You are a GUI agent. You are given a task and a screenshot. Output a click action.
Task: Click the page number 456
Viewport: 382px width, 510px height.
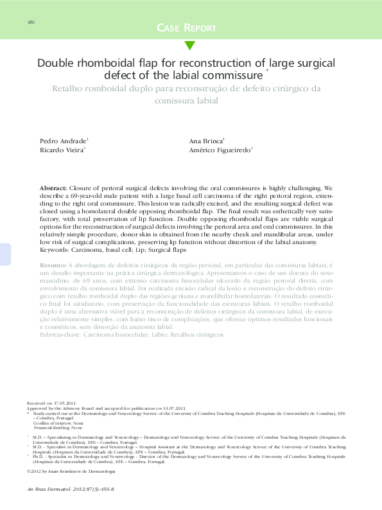click(31, 22)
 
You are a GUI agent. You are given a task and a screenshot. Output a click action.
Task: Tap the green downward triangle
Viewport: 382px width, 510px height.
click(190, 45)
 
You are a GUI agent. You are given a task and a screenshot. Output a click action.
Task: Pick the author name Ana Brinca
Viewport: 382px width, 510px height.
click(205, 139)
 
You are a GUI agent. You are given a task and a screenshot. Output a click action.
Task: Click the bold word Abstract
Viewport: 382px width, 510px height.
click(53, 183)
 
